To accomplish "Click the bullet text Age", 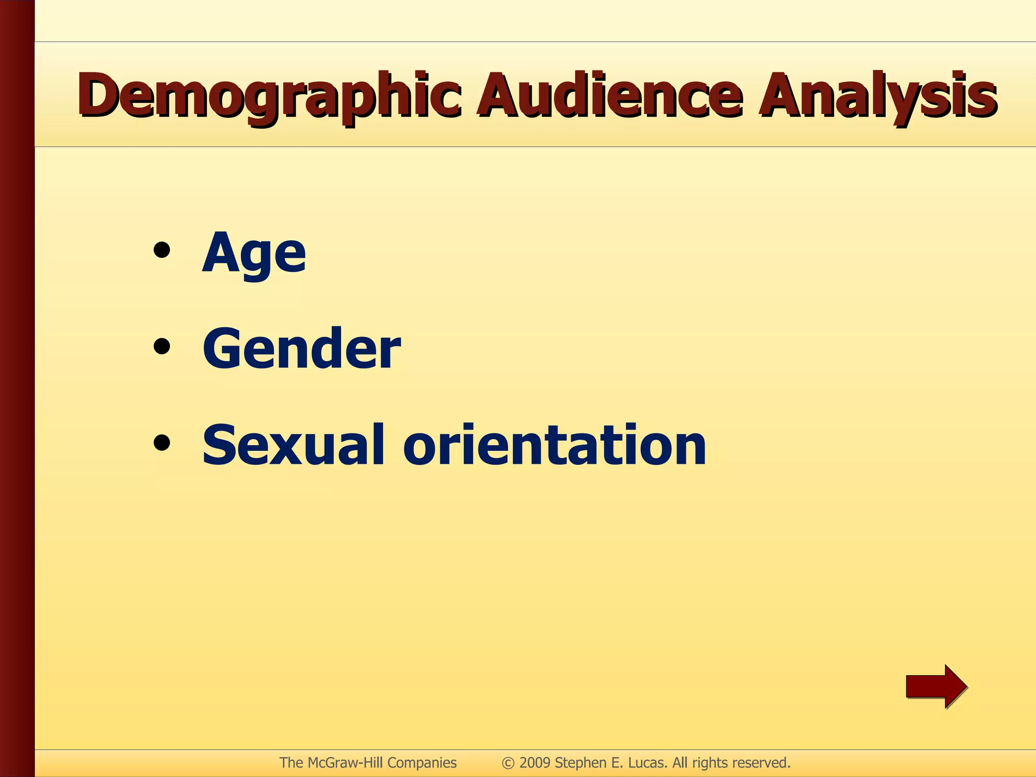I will pos(254,253).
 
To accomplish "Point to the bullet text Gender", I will pos(301,349).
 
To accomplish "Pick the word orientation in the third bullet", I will pos(554,445).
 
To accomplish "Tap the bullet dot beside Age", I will pos(162,251).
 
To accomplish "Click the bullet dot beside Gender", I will pos(162,347).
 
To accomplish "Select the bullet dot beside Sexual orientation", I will pos(162,443).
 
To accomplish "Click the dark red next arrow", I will pos(936,686).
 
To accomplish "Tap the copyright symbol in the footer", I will pos(508,763).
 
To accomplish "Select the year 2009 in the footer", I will pos(535,763).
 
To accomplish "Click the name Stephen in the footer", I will pos(580,763).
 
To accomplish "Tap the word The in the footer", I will pos(291,763).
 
